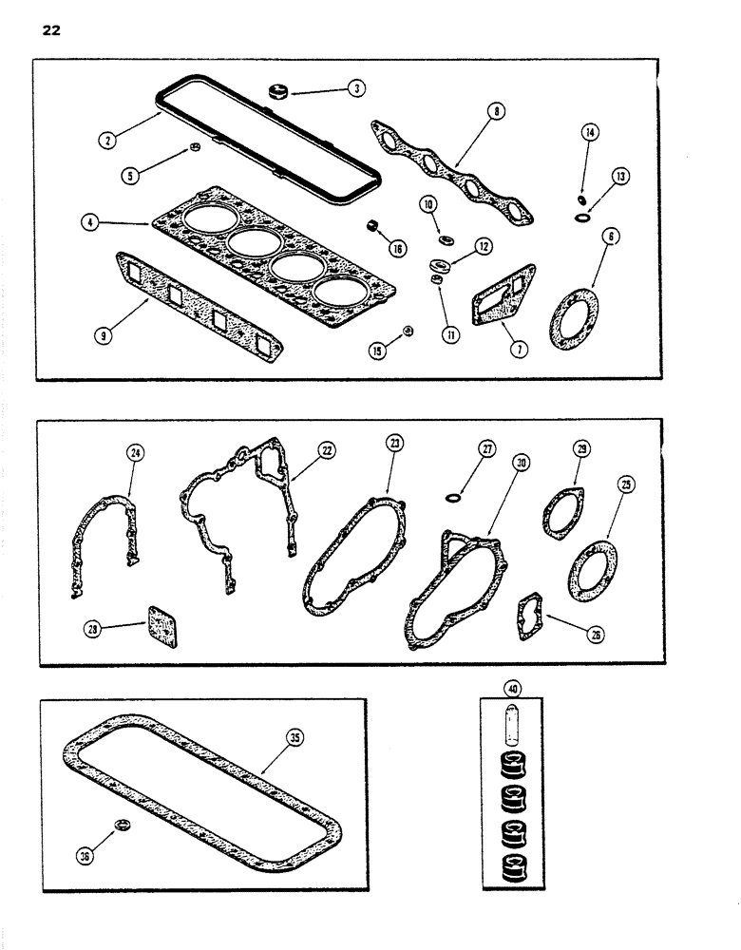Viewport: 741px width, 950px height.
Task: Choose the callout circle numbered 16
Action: pyautogui.click(x=396, y=248)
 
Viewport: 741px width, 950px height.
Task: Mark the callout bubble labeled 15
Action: pyautogui.click(x=379, y=351)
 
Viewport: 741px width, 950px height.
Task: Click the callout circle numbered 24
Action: pyautogui.click(x=135, y=454)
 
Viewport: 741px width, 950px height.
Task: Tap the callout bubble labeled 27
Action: pyautogui.click(x=487, y=451)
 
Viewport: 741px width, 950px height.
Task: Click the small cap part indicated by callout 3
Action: pyautogui.click(x=279, y=93)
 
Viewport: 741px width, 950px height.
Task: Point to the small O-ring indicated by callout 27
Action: pyautogui.click(x=454, y=496)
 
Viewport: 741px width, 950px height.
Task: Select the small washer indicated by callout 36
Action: pyautogui.click(x=122, y=822)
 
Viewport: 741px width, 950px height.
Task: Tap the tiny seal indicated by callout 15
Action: pyautogui.click(x=408, y=331)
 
